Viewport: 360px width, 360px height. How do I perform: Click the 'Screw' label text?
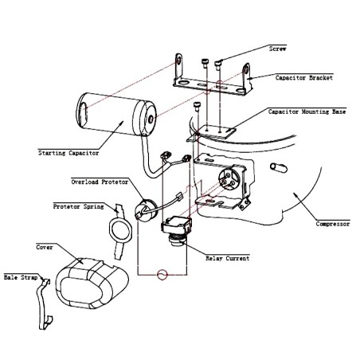tap(277, 49)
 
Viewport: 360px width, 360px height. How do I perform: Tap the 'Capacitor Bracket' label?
tap(303, 78)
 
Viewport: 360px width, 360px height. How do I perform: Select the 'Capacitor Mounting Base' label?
tap(307, 112)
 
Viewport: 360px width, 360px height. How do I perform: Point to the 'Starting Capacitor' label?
tap(68, 153)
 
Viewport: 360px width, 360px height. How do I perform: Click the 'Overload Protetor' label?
tap(100, 182)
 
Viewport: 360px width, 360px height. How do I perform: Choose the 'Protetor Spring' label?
tap(79, 206)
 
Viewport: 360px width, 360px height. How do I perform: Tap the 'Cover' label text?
tap(45, 247)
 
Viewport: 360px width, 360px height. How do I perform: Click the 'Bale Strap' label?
tap(21, 277)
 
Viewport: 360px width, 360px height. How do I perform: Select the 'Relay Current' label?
tap(228, 258)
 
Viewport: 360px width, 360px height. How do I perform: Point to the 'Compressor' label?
tap(333, 224)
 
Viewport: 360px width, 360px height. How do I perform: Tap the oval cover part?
tap(92, 284)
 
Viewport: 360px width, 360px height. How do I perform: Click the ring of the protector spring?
tap(111, 230)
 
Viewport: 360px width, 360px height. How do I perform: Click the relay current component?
tap(176, 229)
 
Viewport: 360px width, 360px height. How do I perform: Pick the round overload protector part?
tap(146, 209)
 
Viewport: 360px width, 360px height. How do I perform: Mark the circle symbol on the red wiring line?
tap(162, 275)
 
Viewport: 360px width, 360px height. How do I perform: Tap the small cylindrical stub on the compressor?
tap(278, 167)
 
